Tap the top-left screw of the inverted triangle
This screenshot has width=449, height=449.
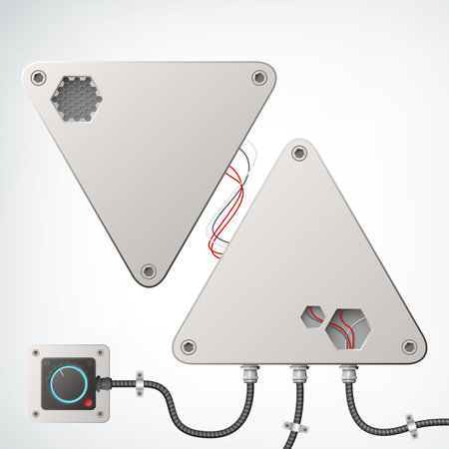pyautogui.click(x=39, y=77)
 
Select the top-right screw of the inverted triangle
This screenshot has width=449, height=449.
pyautogui.click(x=259, y=77)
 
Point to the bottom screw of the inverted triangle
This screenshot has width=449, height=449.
pyautogui.click(x=149, y=270)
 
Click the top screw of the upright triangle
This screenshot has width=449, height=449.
pyautogui.click(x=296, y=155)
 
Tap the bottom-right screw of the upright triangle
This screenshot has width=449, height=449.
pyautogui.click(x=408, y=346)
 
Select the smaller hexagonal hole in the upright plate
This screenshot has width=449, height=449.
pyautogui.click(x=311, y=317)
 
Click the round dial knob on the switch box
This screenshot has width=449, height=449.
pyautogui.click(x=67, y=381)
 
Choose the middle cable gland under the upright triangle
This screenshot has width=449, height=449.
pyautogui.click(x=295, y=374)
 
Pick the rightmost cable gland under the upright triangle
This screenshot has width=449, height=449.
pyautogui.click(x=347, y=374)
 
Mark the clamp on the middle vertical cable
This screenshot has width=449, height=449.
pyautogui.click(x=294, y=425)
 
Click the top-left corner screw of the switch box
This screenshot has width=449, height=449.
pyautogui.click(x=37, y=352)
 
